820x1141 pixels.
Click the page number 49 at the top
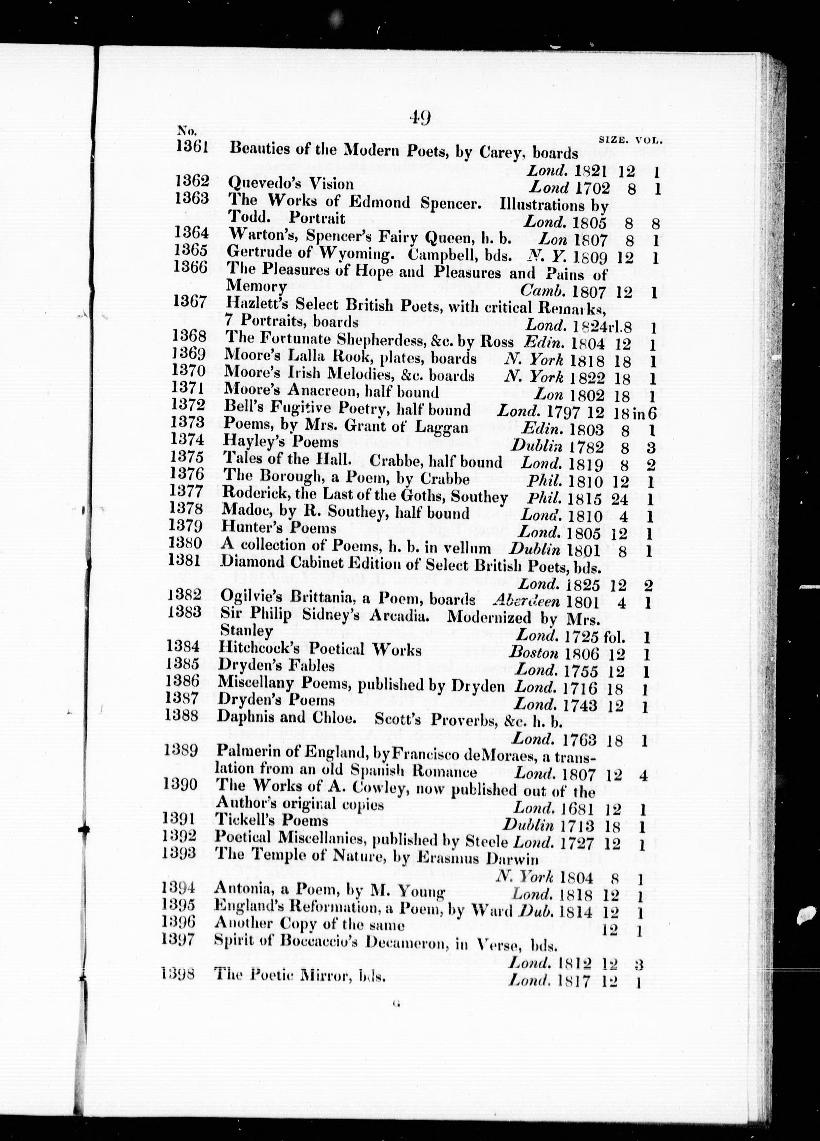click(419, 119)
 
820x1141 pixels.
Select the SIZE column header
click(613, 141)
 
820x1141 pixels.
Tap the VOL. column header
click(649, 141)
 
